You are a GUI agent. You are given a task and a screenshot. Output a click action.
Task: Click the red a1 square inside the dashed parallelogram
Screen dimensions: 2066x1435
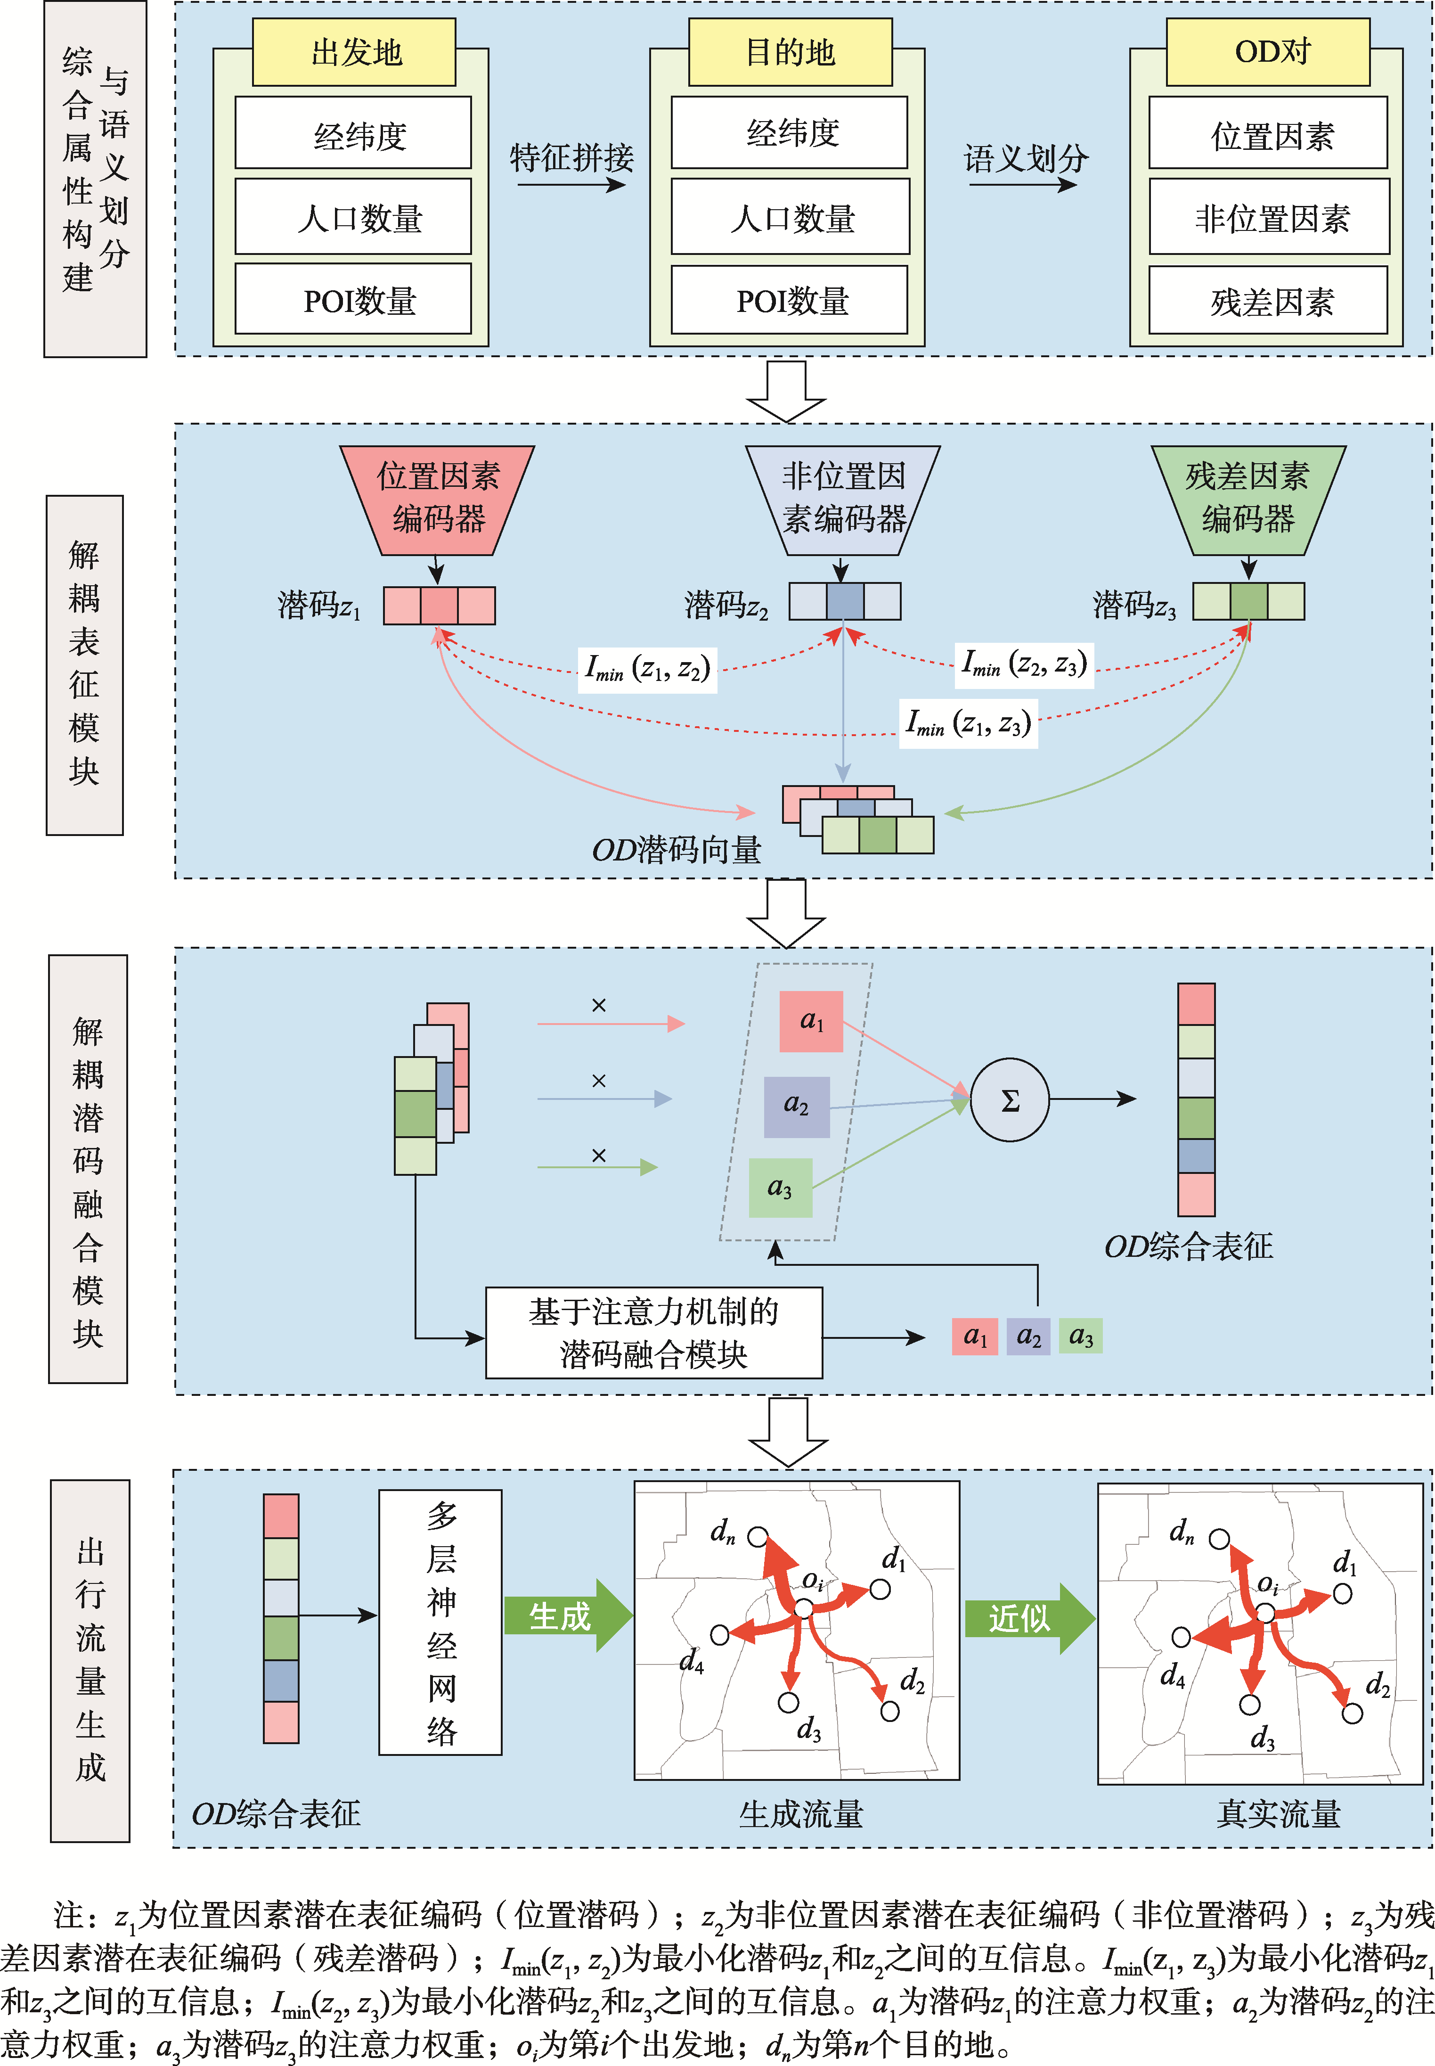click(x=811, y=1021)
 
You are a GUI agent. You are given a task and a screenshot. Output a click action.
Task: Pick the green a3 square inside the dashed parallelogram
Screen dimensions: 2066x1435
click(x=781, y=1187)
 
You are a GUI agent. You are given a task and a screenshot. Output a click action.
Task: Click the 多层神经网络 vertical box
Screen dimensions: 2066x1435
click(x=440, y=1622)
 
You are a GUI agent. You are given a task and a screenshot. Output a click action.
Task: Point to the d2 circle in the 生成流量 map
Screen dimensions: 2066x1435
click(x=889, y=1711)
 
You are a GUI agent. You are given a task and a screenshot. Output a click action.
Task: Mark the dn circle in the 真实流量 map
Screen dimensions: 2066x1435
click(x=1219, y=1539)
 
